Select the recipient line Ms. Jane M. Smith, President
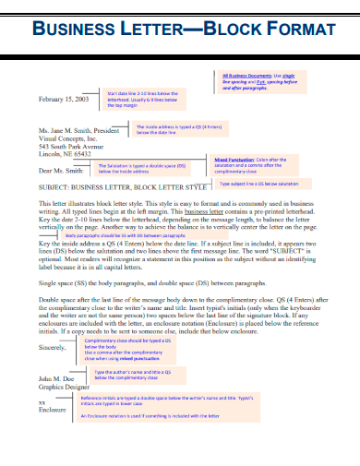[79, 130]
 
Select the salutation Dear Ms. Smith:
[62, 171]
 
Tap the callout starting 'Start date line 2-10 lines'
[147, 99]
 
